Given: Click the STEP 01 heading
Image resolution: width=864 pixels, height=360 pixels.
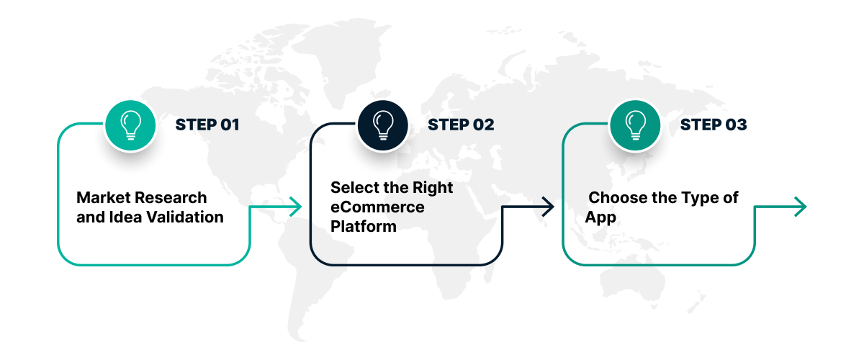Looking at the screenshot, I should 207,125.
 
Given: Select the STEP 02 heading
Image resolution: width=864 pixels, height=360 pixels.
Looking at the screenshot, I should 461,125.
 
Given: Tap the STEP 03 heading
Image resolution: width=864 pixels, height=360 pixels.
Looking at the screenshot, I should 714,125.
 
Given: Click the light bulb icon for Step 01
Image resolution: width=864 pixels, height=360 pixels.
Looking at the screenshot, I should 130,125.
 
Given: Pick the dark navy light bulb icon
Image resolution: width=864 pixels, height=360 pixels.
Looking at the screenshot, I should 383,125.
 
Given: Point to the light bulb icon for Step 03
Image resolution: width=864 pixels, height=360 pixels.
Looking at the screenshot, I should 635,125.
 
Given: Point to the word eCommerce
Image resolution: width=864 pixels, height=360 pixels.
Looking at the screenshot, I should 377,207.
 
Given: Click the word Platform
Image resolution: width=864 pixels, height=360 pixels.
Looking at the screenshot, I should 364,227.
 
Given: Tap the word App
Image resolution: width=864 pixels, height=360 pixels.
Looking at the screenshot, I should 600,217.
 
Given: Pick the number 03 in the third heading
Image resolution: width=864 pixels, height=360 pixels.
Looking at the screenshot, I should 736,125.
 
